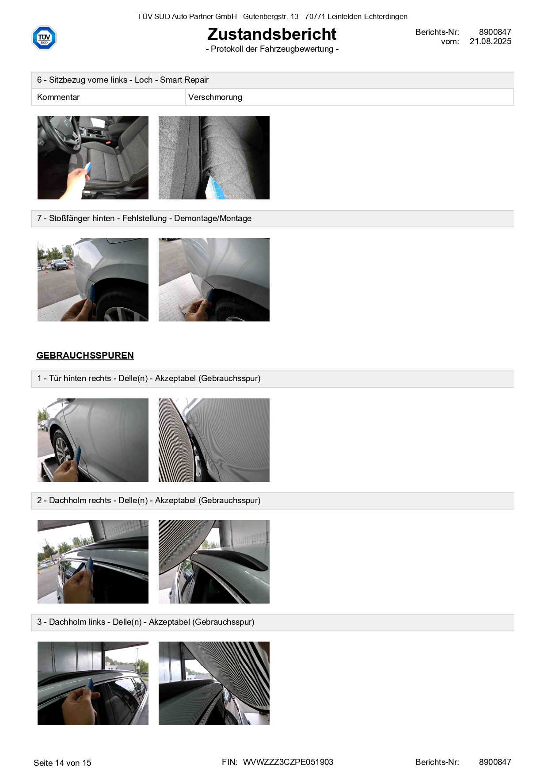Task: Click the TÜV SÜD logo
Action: (44, 38)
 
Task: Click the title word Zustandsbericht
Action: (272, 34)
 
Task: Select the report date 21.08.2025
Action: (490, 42)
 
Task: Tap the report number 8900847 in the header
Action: (495, 32)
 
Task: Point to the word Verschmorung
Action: (215, 97)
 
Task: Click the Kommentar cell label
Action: (58, 97)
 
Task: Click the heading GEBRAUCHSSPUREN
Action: (85, 356)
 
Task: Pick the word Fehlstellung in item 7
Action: (145, 218)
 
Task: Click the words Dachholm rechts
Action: (80, 501)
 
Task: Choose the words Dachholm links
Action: (77, 622)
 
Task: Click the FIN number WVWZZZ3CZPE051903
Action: (288, 762)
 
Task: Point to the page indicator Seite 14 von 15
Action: (62, 763)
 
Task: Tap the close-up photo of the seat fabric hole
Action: (214, 157)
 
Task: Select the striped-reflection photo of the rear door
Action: (214, 440)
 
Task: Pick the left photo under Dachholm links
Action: (93, 683)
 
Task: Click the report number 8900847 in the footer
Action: (495, 762)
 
